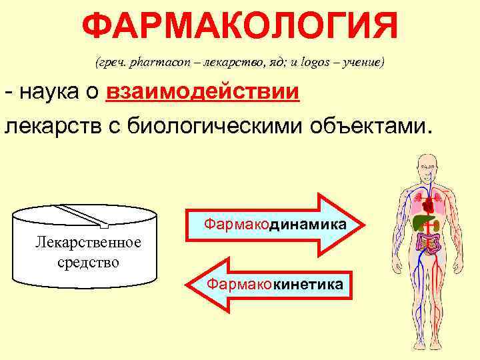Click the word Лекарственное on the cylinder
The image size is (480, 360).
tap(88, 242)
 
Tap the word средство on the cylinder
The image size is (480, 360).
tap(88, 261)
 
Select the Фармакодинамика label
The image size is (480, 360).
tap(275, 225)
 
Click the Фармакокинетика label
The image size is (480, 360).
tap(275, 285)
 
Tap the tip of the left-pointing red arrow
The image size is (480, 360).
tap(194, 285)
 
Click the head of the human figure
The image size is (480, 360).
tap(427, 164)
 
